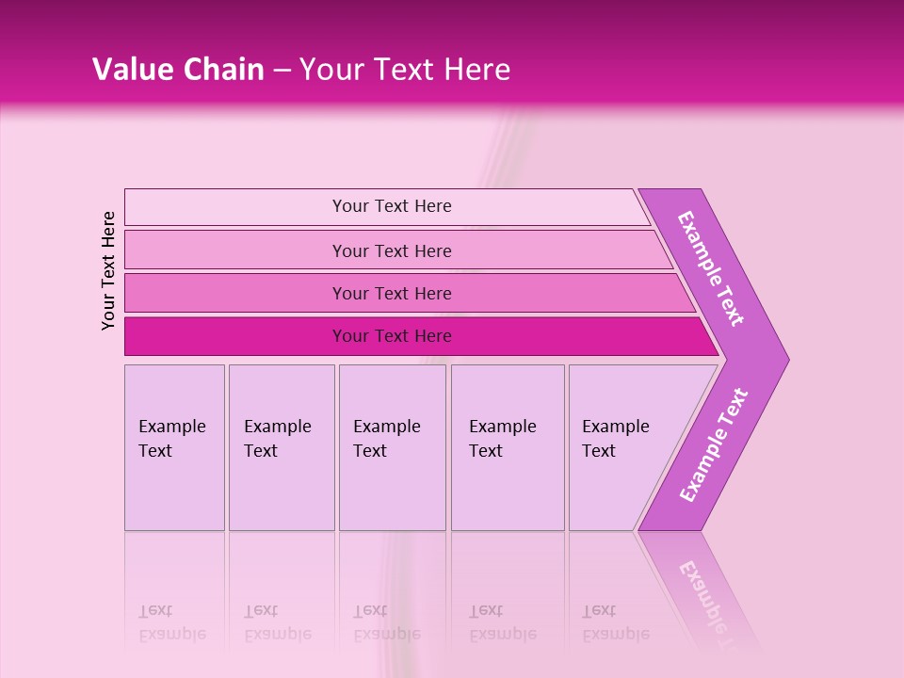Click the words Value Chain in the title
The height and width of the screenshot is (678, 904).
pyautogui.click(x=178, y=70)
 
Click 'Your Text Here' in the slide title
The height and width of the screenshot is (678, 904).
pyautogui.click(x=404, y=70)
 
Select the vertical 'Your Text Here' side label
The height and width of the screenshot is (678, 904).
pyautogui.click(x=108, y=270)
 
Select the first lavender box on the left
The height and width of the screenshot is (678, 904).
pyautogui.click(x=174, y=490)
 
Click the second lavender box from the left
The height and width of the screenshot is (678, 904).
pyautogui.click(x=282, y=490)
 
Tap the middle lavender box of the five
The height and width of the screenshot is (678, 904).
pyautogui.click(x=392, y=490)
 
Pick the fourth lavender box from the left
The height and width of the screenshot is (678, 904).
pyautogui.click(x=508, y=490)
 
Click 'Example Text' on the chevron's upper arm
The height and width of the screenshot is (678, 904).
pyautogui.click(x=711, y=268)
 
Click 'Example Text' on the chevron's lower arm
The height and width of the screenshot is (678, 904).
pyautogui.click(x=714, y=444)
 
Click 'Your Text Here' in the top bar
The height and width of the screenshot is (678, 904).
pyautogui.click(x=392, y=206)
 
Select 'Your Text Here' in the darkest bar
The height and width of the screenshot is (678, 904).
pyautogui.click(x=392, y=336)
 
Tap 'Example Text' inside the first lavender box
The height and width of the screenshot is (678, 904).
pyautogui.click(x=171, y=438)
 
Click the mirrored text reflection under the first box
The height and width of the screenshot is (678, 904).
pyautogui.click(x=171, y=622)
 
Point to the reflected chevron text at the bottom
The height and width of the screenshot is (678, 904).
pyautogui.click(x=711, y=598)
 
